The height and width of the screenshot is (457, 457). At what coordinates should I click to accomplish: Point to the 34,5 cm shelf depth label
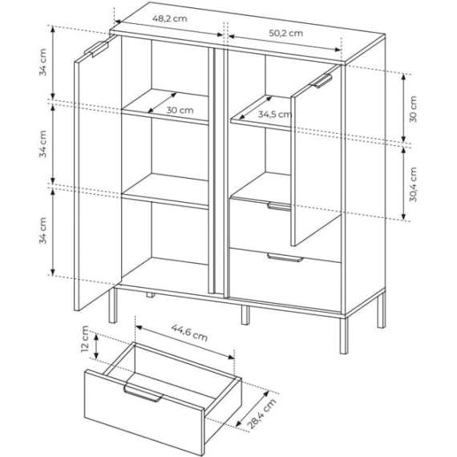tap(275, 114)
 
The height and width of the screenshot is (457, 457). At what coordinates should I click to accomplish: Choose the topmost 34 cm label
tap(44, 63)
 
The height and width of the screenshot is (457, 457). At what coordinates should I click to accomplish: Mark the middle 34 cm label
tap(44, 145)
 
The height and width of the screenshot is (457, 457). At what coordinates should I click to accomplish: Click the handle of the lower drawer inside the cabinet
tap(285, 258)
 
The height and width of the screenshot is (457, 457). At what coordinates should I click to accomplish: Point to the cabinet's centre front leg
tap(245, 313)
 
